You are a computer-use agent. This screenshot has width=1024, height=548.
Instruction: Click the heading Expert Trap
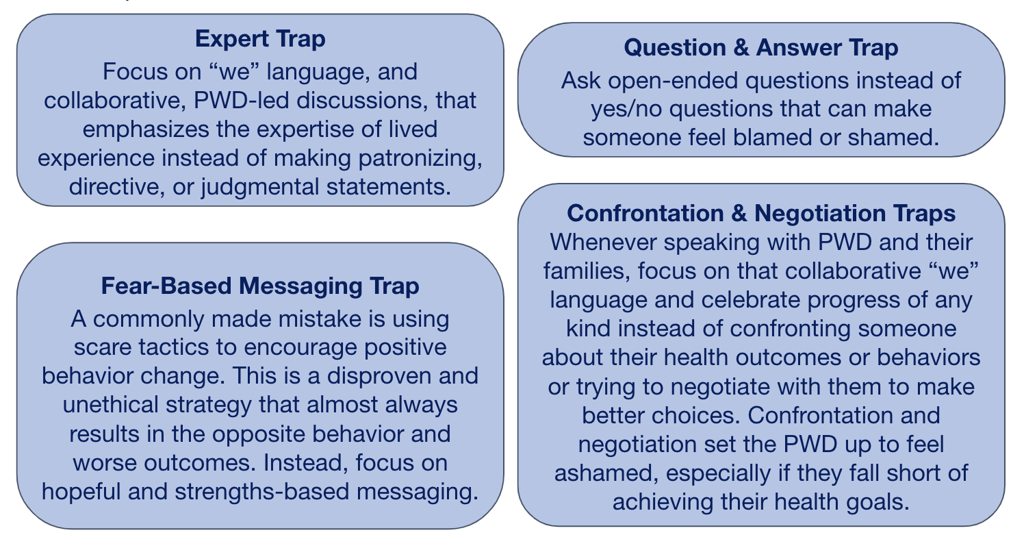[259, 39]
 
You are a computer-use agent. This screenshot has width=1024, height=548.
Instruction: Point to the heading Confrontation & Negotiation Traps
[761, 213]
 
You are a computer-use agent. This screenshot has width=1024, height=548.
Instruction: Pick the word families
[587, 271]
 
